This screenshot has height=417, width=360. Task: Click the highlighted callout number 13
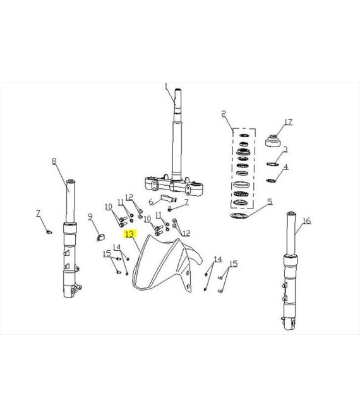130,234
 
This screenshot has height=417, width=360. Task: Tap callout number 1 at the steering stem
167,87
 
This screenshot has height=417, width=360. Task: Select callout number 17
289,122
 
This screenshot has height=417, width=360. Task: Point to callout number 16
306,221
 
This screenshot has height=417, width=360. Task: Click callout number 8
54,161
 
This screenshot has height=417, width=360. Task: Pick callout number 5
270,202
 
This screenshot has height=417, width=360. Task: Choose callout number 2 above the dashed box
224,114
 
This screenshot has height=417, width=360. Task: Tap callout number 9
90,217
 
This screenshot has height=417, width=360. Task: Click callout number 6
151,202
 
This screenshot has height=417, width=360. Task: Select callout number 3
285,149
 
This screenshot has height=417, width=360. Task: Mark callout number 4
286,167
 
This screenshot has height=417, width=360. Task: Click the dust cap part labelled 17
273,141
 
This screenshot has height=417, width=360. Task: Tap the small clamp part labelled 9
100,238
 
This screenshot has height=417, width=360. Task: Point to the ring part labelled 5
239,215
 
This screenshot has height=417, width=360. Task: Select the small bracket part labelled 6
168,198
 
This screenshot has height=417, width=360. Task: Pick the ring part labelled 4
271,181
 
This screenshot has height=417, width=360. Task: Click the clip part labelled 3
272,164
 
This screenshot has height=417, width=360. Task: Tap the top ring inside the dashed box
244,135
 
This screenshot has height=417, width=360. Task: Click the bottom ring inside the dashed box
241,203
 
